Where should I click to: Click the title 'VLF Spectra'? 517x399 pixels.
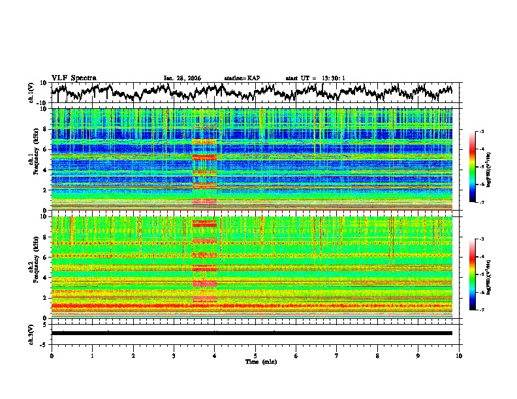click(74, 78)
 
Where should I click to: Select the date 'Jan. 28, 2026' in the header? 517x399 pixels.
click(182, 78)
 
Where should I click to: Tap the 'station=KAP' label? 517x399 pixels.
click(242, 78)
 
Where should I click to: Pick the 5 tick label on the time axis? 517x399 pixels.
click(255, 355)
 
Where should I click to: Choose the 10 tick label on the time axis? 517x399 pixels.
click(459, 355)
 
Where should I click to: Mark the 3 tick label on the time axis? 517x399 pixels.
click(174, 355)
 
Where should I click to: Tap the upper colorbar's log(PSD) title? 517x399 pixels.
click(488, 167)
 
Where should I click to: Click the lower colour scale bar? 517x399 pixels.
click(473, 274)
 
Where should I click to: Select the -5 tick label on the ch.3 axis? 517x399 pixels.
click(44, 343)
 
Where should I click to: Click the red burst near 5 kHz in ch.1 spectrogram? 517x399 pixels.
click(205, 158)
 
